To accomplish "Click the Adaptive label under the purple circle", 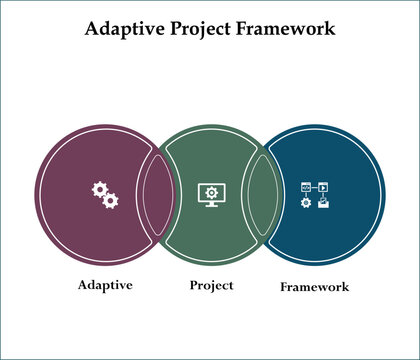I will [x=105, y=285].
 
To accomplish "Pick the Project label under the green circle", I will [x=211, y=285].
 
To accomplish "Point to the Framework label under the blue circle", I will [x=314, y=287].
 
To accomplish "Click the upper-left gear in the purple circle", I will [x=99, y=187].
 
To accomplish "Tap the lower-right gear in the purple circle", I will [x=110, y=199].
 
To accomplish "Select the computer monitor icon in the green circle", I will [x=211, y=193].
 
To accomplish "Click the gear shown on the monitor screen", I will [x=211, y=190].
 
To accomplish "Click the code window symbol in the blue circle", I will [x=305, y=186].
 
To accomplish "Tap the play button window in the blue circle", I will [x=323, y=186].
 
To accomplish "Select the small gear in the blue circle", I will [x=305, y=203].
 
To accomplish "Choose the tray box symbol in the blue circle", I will [x=323, y=203].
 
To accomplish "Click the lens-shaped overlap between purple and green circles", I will [x=158, y=194].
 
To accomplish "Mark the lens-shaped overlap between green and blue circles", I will [x=262, y=194].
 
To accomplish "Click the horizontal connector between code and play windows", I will [x=314, y=186].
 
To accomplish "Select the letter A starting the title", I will [x=91, y=28].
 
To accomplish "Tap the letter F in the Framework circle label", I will [x=283, y=287].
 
